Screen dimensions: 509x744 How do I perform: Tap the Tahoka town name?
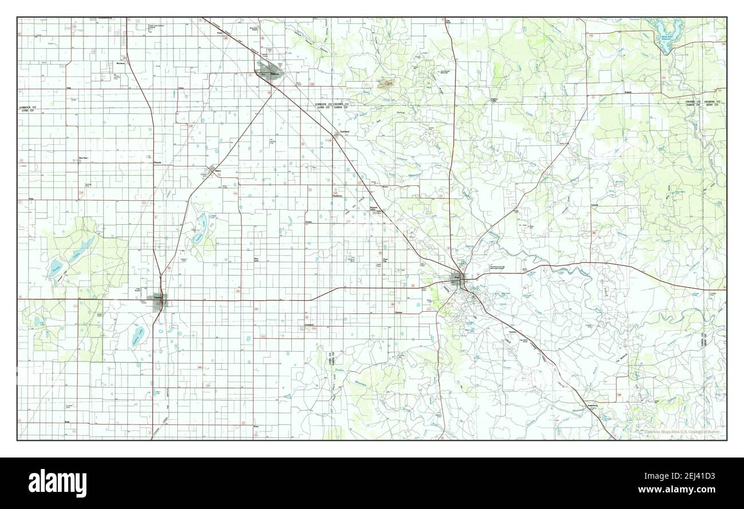(x=158, y=297)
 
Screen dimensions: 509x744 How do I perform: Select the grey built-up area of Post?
(x=461, y=281)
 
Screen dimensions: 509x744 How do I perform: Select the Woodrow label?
(x=121, y=63)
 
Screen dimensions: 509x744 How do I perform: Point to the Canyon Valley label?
(x=496, y=100)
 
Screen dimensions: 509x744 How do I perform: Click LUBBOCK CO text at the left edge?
(x=27, y=107)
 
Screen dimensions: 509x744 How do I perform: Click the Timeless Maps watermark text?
(x=682, y=432)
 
